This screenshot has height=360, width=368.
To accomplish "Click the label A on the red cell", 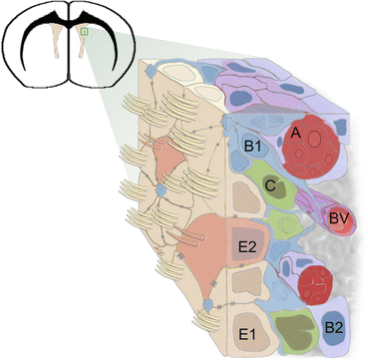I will [293, 131].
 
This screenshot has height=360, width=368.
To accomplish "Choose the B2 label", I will [336, 321].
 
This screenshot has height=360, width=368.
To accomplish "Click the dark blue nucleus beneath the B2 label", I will [335, 337].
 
